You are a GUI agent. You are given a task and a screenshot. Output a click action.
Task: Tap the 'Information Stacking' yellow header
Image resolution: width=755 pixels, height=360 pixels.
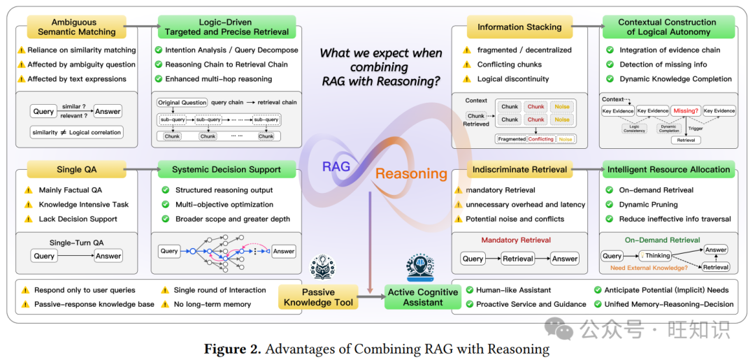(519, 27)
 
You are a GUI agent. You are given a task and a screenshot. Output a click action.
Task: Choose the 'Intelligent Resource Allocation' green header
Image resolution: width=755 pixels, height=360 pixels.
(668, 169)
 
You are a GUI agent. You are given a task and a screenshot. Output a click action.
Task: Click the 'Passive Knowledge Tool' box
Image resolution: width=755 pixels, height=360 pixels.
(318, 297)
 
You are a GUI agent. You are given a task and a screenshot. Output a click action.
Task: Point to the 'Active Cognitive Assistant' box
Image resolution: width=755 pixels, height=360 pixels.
(423, 297)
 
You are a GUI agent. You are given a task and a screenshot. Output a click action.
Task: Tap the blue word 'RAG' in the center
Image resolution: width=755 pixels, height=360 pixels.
(336, 167)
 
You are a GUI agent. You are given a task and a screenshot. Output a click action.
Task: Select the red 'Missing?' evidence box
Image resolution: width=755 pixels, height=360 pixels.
(685, 110)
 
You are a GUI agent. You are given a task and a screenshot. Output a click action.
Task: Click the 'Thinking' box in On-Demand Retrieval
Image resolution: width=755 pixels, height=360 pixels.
(655, 256)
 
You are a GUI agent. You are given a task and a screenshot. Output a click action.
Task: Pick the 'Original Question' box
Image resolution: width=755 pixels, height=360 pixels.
(182, 102)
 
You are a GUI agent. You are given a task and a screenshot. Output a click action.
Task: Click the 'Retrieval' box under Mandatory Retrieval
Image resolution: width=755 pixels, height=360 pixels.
(518, 259)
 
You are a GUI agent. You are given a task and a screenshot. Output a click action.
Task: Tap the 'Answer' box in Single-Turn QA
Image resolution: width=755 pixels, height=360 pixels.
(108, 256)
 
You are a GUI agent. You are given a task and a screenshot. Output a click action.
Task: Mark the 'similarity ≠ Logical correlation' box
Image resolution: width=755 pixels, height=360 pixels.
(76, 132)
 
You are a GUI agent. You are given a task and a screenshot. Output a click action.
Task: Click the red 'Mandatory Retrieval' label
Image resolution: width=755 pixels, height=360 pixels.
(516, 240)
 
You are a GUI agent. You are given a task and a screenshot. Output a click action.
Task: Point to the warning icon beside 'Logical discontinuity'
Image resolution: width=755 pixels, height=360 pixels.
(467, 79)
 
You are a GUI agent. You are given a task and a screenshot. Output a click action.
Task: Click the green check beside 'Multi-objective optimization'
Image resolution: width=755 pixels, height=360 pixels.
(166, 204)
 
